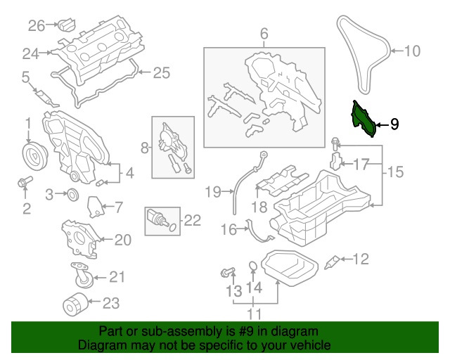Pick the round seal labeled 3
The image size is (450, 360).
point(72,194)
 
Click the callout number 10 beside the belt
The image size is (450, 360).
point(411,51)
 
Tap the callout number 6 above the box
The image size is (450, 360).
point(264,33)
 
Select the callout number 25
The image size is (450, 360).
point(161,72)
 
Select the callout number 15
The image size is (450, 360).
point(397,171)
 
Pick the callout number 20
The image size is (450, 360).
point(122,240)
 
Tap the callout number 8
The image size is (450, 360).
point(144,148)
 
